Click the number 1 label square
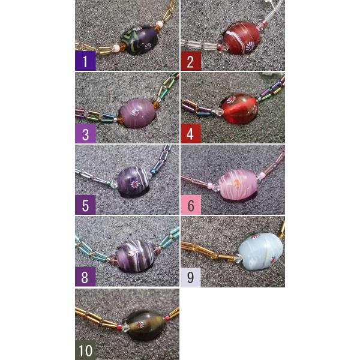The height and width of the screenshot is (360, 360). (85, 61)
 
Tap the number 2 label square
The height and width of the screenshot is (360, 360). (191, 61)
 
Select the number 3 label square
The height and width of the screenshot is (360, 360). (85, 133)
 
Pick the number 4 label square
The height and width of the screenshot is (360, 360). (191, 133)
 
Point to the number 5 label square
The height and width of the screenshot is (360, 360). (85, 205)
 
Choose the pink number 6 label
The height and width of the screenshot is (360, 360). (191, 205)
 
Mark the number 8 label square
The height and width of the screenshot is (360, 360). (85, 277)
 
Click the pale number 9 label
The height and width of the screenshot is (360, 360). (191, 277)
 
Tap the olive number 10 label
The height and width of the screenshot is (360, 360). (85, 350)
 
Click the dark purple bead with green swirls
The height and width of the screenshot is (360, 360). (140, 40)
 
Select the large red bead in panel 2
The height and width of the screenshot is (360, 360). (241, 38)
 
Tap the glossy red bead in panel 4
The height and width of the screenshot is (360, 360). (239, 109)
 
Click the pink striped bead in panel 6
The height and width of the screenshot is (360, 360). (238, 184)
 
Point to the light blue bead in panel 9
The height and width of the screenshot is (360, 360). (260, 251)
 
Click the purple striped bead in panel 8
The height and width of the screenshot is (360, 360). (136, 256)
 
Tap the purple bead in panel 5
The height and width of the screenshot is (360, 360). (133, 182)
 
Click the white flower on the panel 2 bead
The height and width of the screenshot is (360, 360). (250, 46)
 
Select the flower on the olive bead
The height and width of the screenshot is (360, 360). (140, 325)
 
